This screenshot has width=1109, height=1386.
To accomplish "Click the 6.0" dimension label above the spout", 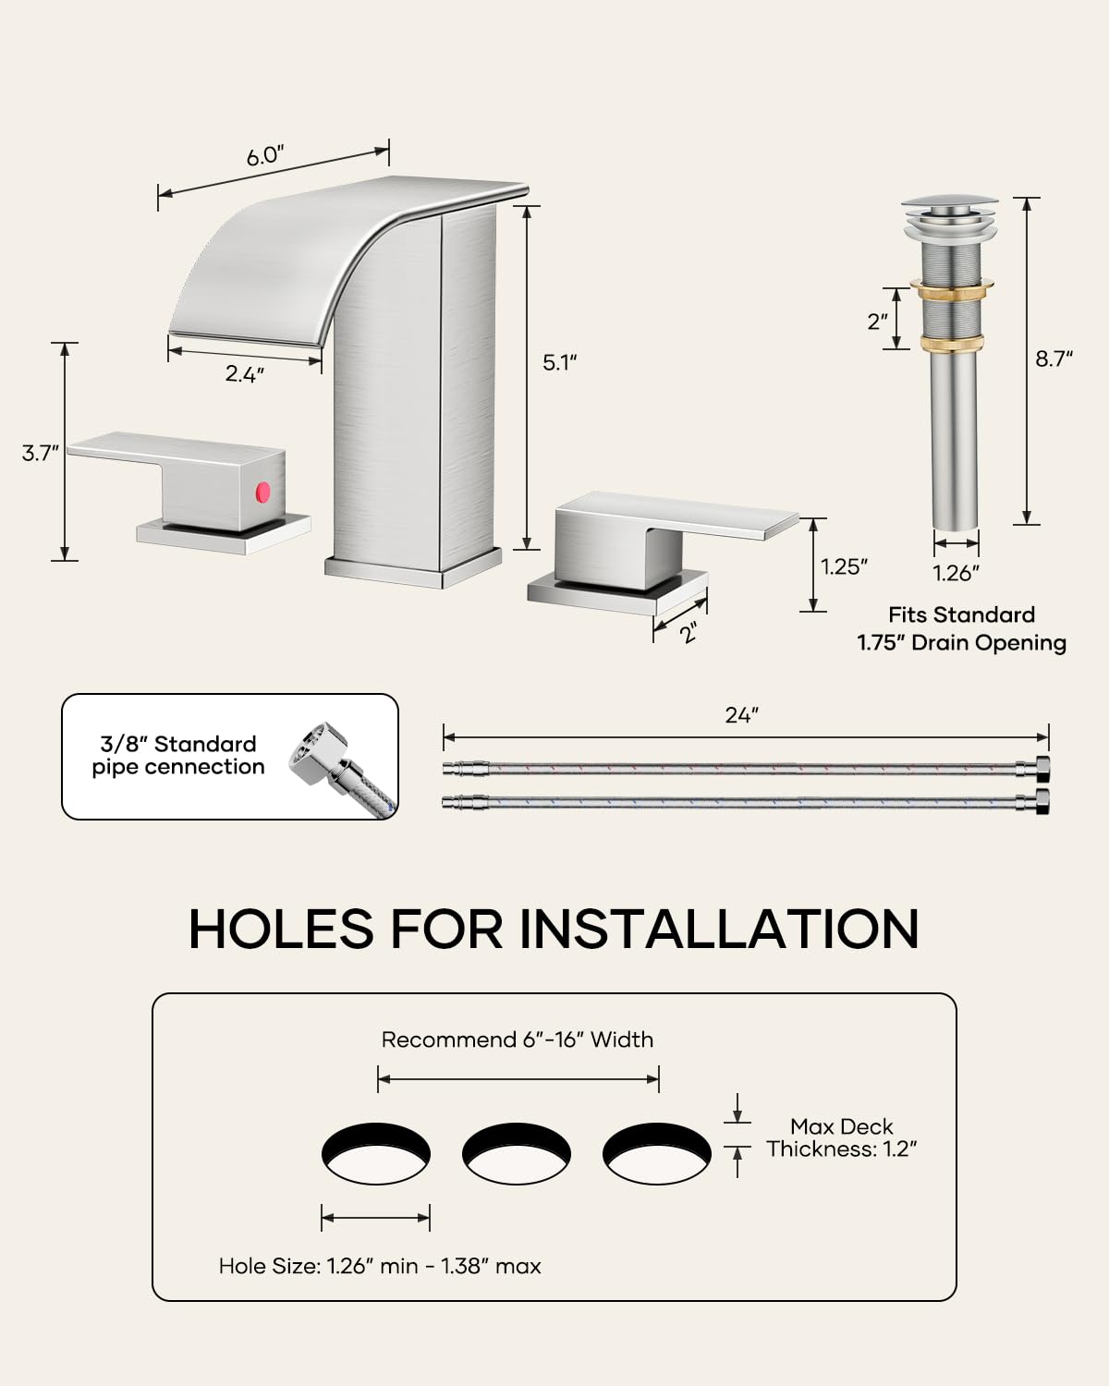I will pos(263,156).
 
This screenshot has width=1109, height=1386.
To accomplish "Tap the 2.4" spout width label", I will pos(245,374).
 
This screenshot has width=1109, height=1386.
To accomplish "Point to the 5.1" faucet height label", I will pos(559,362).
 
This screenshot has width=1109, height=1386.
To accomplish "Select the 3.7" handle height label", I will pos(41,453).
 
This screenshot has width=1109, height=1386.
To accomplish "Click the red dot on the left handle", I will pos(262,489).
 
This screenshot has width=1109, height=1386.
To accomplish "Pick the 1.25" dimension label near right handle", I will pos(845,566).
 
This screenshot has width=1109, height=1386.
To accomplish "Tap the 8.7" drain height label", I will pos(1054,359).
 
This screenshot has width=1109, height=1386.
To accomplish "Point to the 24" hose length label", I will pos(741,715).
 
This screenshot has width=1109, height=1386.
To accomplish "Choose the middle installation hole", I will pos(517,1154).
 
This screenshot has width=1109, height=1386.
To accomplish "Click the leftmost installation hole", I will pos(376,1154).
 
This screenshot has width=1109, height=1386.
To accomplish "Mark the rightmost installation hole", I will pos(657,1154).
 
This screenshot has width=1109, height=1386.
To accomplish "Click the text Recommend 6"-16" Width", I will pos(517,1039).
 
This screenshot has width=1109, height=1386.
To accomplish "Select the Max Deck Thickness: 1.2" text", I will pos(842,1137).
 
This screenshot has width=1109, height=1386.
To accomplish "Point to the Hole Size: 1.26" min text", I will pos(380,1266).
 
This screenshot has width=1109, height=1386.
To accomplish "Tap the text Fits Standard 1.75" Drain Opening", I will pos(961,628).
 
